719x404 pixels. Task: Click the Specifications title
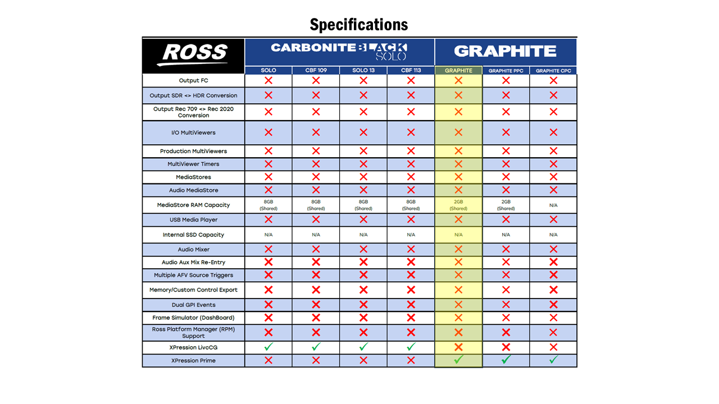pos(359,25)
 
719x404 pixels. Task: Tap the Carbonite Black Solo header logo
pos(339,51)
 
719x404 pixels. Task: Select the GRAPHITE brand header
pos(505,51)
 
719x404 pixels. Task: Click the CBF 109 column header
pos(316,71)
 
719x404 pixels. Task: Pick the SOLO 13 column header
pos(363,71)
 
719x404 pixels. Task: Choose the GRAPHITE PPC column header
pos(506,71)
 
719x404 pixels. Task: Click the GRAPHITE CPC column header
pos(553,71)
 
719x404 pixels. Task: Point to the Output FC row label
pos(193,81)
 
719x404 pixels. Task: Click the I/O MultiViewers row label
pos(193,133)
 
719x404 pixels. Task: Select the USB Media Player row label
pos(193,220)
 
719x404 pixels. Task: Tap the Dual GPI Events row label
pos(193,305)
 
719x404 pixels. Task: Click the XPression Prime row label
pos(193,360)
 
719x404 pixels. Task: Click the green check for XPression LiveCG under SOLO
pos(269,347)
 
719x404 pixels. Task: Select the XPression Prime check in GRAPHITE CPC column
pos(553,360)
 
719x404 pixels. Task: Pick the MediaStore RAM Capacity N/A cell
pos(553,205)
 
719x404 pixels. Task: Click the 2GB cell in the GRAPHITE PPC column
pos(506,205)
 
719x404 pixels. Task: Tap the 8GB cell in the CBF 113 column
pos(411,205)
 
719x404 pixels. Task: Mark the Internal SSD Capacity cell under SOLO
pos(269,235)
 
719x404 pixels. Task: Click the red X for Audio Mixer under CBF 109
pos(316,250)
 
